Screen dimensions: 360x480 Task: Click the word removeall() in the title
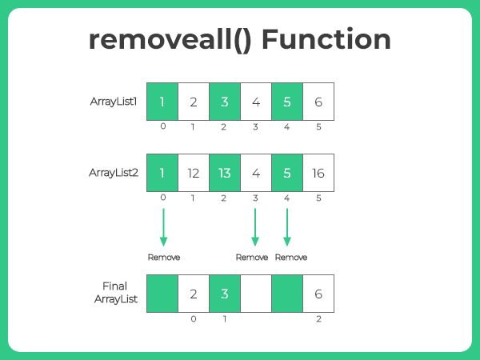coord(166,41)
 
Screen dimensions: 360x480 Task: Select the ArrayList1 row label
coord(116,102)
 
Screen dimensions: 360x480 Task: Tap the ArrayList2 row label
coord(116,172)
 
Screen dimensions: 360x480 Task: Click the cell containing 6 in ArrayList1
coord(318,102)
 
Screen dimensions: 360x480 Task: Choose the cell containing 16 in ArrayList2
coord(318,173)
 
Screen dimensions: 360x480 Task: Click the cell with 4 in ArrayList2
coord(256,173)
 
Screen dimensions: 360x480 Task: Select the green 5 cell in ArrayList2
coord(287,173)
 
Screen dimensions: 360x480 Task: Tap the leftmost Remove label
coord(163,258)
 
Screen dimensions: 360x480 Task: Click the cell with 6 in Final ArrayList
coord(318,293)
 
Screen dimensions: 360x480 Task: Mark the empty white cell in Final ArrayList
coord(256,293)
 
